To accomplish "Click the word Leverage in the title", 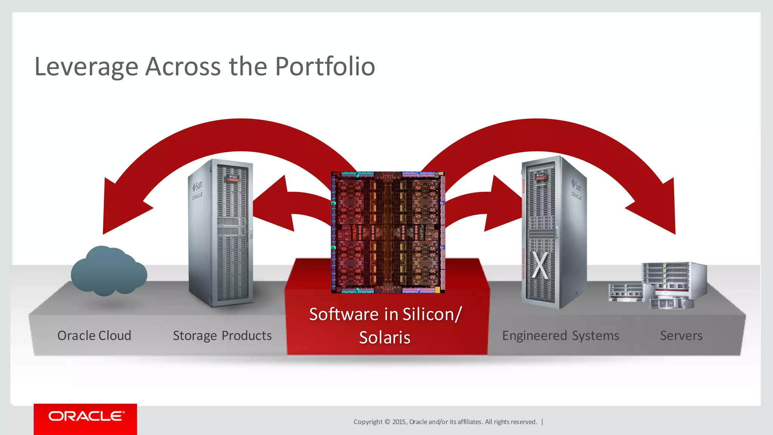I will coord(86,67).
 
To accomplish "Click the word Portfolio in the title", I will coord(325,67).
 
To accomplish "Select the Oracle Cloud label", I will coord(94,336).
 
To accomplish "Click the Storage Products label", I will coord(222,336).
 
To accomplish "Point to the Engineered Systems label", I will coord(561,336).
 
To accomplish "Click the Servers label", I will coord(681,336).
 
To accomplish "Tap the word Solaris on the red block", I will coord(385,337).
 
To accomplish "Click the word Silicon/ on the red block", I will coord(432,314).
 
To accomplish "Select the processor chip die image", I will coord(388,232).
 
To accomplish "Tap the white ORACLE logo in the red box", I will coord(86,416).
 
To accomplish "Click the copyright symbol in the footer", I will coord(387,422).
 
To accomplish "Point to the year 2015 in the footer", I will coord(399,422).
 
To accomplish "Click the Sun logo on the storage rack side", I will coord(197,186).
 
